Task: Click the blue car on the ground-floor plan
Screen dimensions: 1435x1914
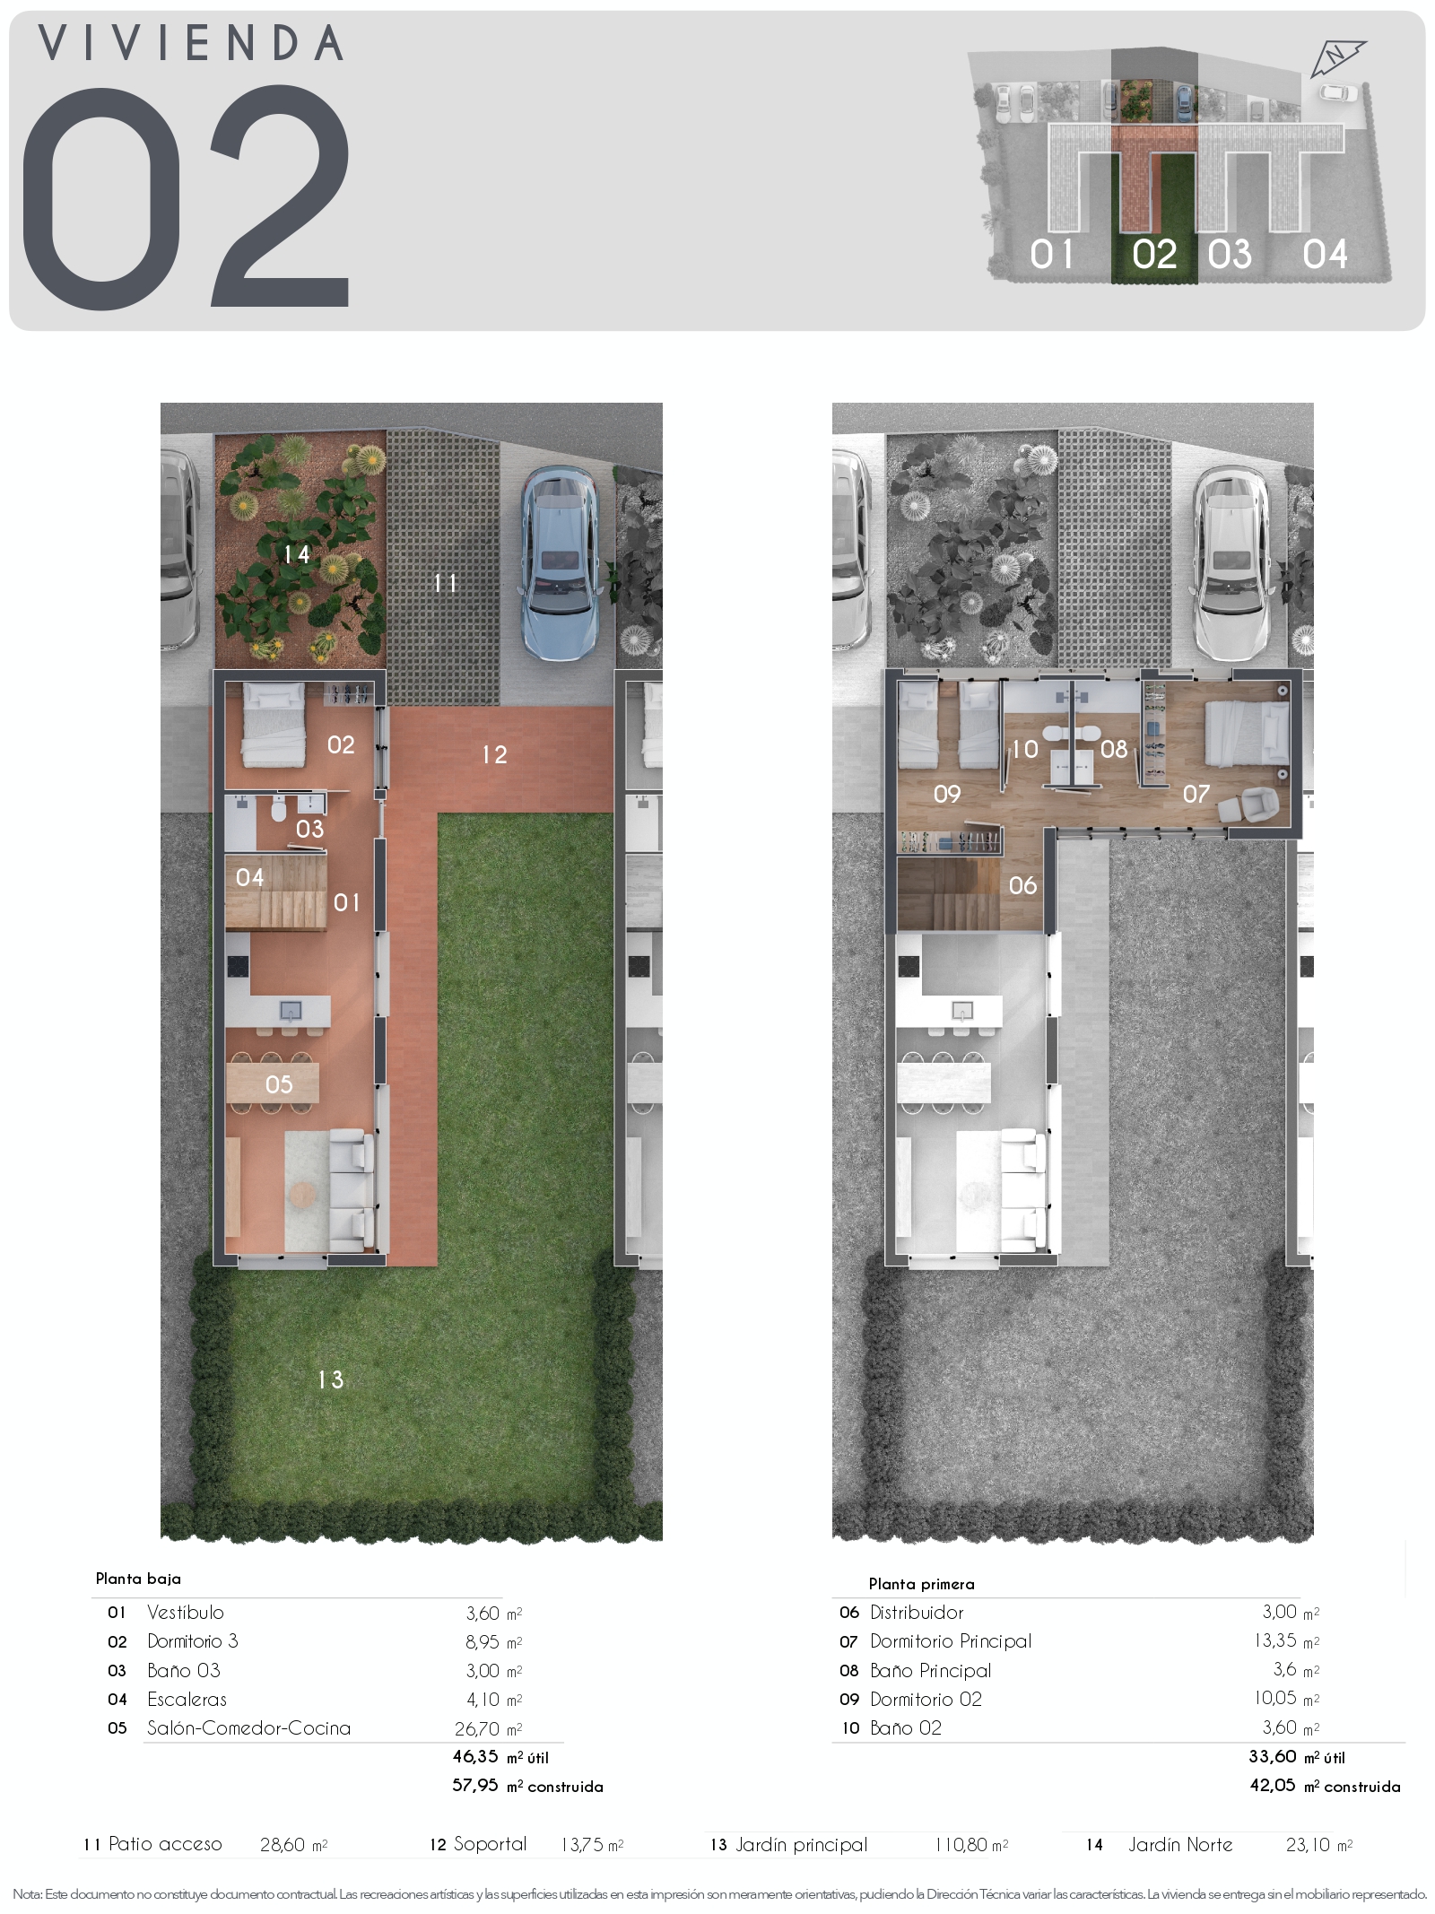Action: (x=561, y=563)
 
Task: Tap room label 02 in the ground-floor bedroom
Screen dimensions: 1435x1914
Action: (x=341, y=744)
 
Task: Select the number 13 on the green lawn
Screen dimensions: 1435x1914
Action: (x=330, y=1379)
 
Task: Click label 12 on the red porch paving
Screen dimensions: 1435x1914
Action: (x=494, y=754)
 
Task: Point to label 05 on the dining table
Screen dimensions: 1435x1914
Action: (x=279, y=1084)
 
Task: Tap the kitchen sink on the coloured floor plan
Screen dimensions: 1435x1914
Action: (x=291, y=1011)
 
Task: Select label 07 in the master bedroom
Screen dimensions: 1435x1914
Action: (x=1196, y=793)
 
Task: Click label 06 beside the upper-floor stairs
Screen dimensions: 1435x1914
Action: (x=1022, y=885)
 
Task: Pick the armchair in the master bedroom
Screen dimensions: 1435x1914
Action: (x=1248, y=804)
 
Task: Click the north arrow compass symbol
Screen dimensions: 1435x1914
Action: (x=1337, y=58)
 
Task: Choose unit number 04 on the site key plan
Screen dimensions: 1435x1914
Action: (x=1325, y=255)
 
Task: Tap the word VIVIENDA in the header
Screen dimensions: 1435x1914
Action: (x=191, y=43)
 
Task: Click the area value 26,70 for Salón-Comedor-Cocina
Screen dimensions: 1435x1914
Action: (x=476, y=1728)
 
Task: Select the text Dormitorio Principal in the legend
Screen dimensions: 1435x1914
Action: (x=951, y=1641)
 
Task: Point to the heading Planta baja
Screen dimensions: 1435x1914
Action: (x=138, y=1579)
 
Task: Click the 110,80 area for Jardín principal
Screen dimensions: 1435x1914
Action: (x=960, y=1845)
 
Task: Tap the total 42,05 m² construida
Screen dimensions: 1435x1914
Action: (x=1325, y=1786)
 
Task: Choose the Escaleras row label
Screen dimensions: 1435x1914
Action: (x=187, y=1699)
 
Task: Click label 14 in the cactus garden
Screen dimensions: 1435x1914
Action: (x=296, y=554)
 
